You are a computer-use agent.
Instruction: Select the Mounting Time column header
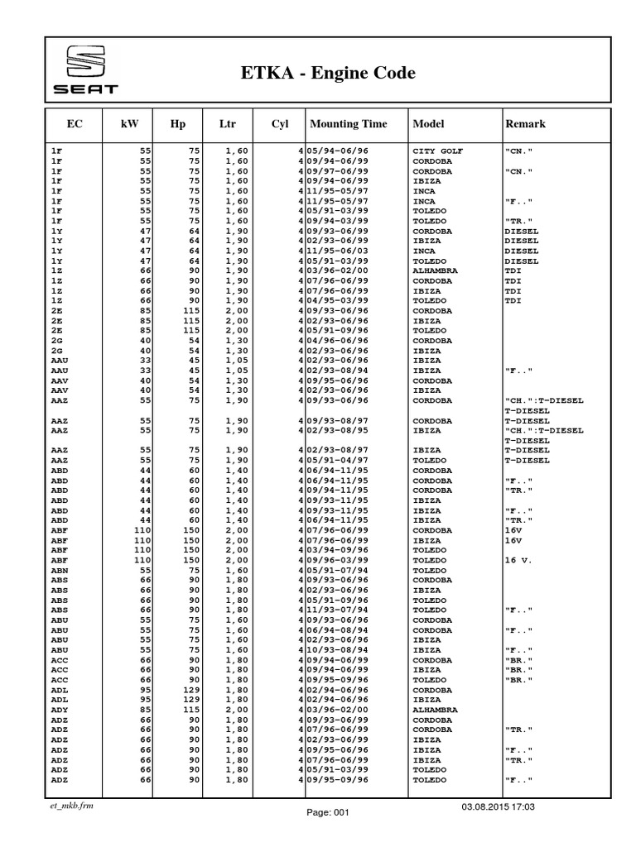tap(348, 124)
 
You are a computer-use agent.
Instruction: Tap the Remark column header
tap(525, 124)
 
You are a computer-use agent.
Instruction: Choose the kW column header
tap(129, 124)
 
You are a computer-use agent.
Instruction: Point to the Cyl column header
tap(279, 124)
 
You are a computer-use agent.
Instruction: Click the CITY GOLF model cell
tap(438, 151)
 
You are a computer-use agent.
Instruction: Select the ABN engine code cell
tap(59, 571)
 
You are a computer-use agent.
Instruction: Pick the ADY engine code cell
tap(59, 710)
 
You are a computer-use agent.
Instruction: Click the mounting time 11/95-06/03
tap(338, 251)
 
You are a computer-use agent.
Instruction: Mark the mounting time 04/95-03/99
tap(338, 300)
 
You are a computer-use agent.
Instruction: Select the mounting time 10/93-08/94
tap(338, 650)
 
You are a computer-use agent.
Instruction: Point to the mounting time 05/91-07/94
tap(338, 571)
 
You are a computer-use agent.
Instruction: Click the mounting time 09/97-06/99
tap(338, 171)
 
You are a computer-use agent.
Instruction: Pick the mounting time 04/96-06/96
tap(338, 340)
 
